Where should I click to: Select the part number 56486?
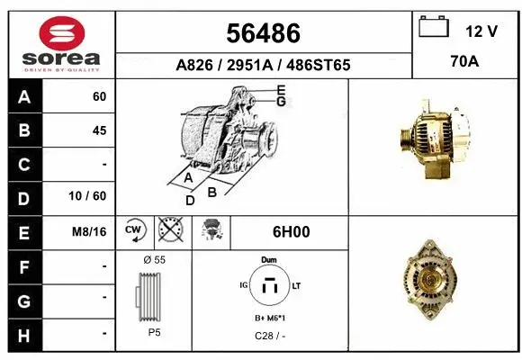click(x=263, y=33)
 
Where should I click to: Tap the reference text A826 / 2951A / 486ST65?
click(x=263, y=66)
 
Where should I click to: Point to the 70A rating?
click(x=464, y=64)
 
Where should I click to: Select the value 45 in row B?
click(x=99, y=130)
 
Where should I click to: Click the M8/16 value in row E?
click(x=91, y=231)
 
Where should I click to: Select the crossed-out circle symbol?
click(x=170, y=231)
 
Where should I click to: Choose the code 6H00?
click(x=290, y=231)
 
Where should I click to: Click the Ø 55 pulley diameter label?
click(x=153, y=259)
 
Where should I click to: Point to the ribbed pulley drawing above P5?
click(x=151, y=298)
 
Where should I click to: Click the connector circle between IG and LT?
click(x=268, y=287)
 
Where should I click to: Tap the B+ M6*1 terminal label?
click(x=269, y=318)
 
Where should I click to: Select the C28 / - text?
click(x=268, y=335)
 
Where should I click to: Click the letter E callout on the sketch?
click(x=282, y=89)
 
